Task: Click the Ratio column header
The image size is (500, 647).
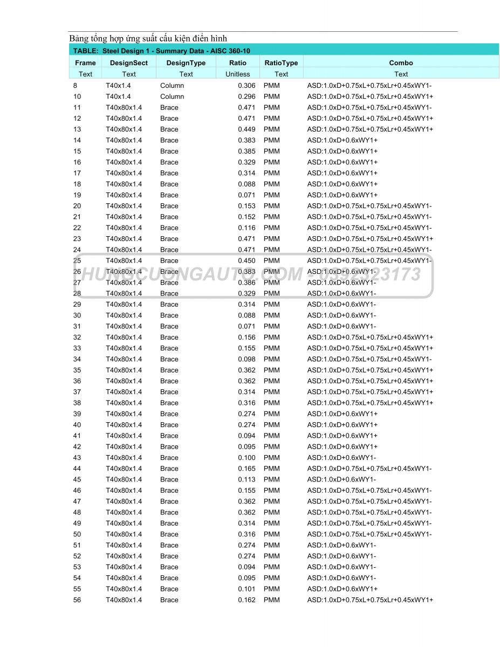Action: [238, 63]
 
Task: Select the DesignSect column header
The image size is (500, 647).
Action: [129, 63]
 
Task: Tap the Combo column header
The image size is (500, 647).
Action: [401, 63]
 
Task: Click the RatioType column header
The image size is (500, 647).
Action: [281, 63]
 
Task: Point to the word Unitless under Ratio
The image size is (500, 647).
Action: [238, 74]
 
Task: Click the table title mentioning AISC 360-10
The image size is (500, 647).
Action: [161, 51]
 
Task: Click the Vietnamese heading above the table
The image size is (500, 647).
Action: [148, 38]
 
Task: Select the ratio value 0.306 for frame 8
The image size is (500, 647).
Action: [246, 85]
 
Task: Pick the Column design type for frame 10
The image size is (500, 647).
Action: [172, 97]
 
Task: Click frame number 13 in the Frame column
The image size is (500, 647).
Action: [77, 129]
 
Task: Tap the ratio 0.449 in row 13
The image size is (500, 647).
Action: [246, 129]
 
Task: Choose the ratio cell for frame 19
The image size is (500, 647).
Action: [246, 195]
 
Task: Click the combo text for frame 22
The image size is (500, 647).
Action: [369, 228]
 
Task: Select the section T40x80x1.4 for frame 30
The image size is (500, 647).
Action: [124, 315]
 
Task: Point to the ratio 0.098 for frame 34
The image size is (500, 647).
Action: [246, 359]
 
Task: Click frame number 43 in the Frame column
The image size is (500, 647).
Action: [77, 458]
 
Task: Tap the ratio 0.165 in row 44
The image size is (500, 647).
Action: [246, 469]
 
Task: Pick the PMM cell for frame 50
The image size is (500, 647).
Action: [272, 534]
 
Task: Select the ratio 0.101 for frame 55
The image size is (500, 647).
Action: [246, 589]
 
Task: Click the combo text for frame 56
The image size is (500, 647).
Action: [370, 600]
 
